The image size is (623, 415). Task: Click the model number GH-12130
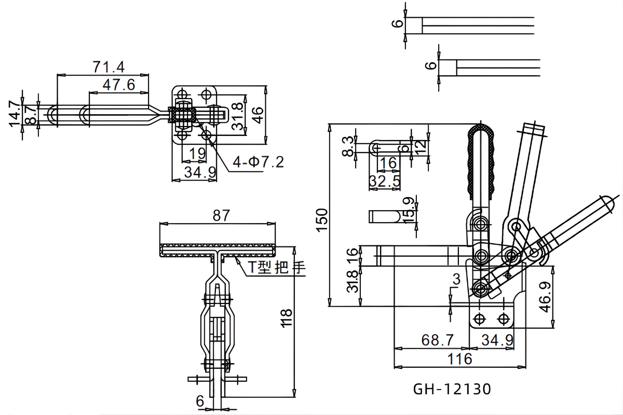click(x=452, y=389)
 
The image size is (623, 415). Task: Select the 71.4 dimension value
click(x=109, y=67)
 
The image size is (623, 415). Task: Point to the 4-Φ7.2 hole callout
click(x=258, y=162)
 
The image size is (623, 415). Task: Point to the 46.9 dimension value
click(x=545, y=297)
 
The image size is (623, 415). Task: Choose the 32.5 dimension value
click(x=384, y=181)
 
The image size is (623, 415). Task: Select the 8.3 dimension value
click(x=349, y=146)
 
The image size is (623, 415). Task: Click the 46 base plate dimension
click(x=258, y=110)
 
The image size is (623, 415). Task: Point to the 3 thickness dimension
click(x=456, y=280)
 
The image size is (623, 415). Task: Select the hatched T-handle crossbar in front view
click(x=218, y=252)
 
